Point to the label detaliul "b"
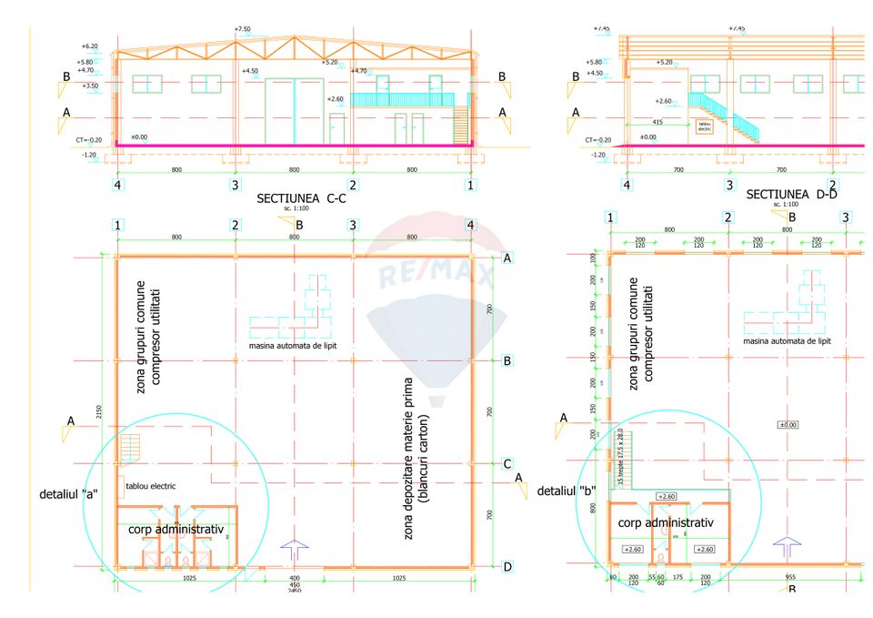pos(566,491)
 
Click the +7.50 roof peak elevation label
pos(242,29)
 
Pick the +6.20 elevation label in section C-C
pos(89,46)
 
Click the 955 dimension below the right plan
pos(790,577)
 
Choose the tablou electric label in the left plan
pos(151,486)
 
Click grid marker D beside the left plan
pos(507,567)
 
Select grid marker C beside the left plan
pos(507,464)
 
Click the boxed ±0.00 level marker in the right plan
pos(788,425)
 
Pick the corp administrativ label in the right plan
pos(665,523)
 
